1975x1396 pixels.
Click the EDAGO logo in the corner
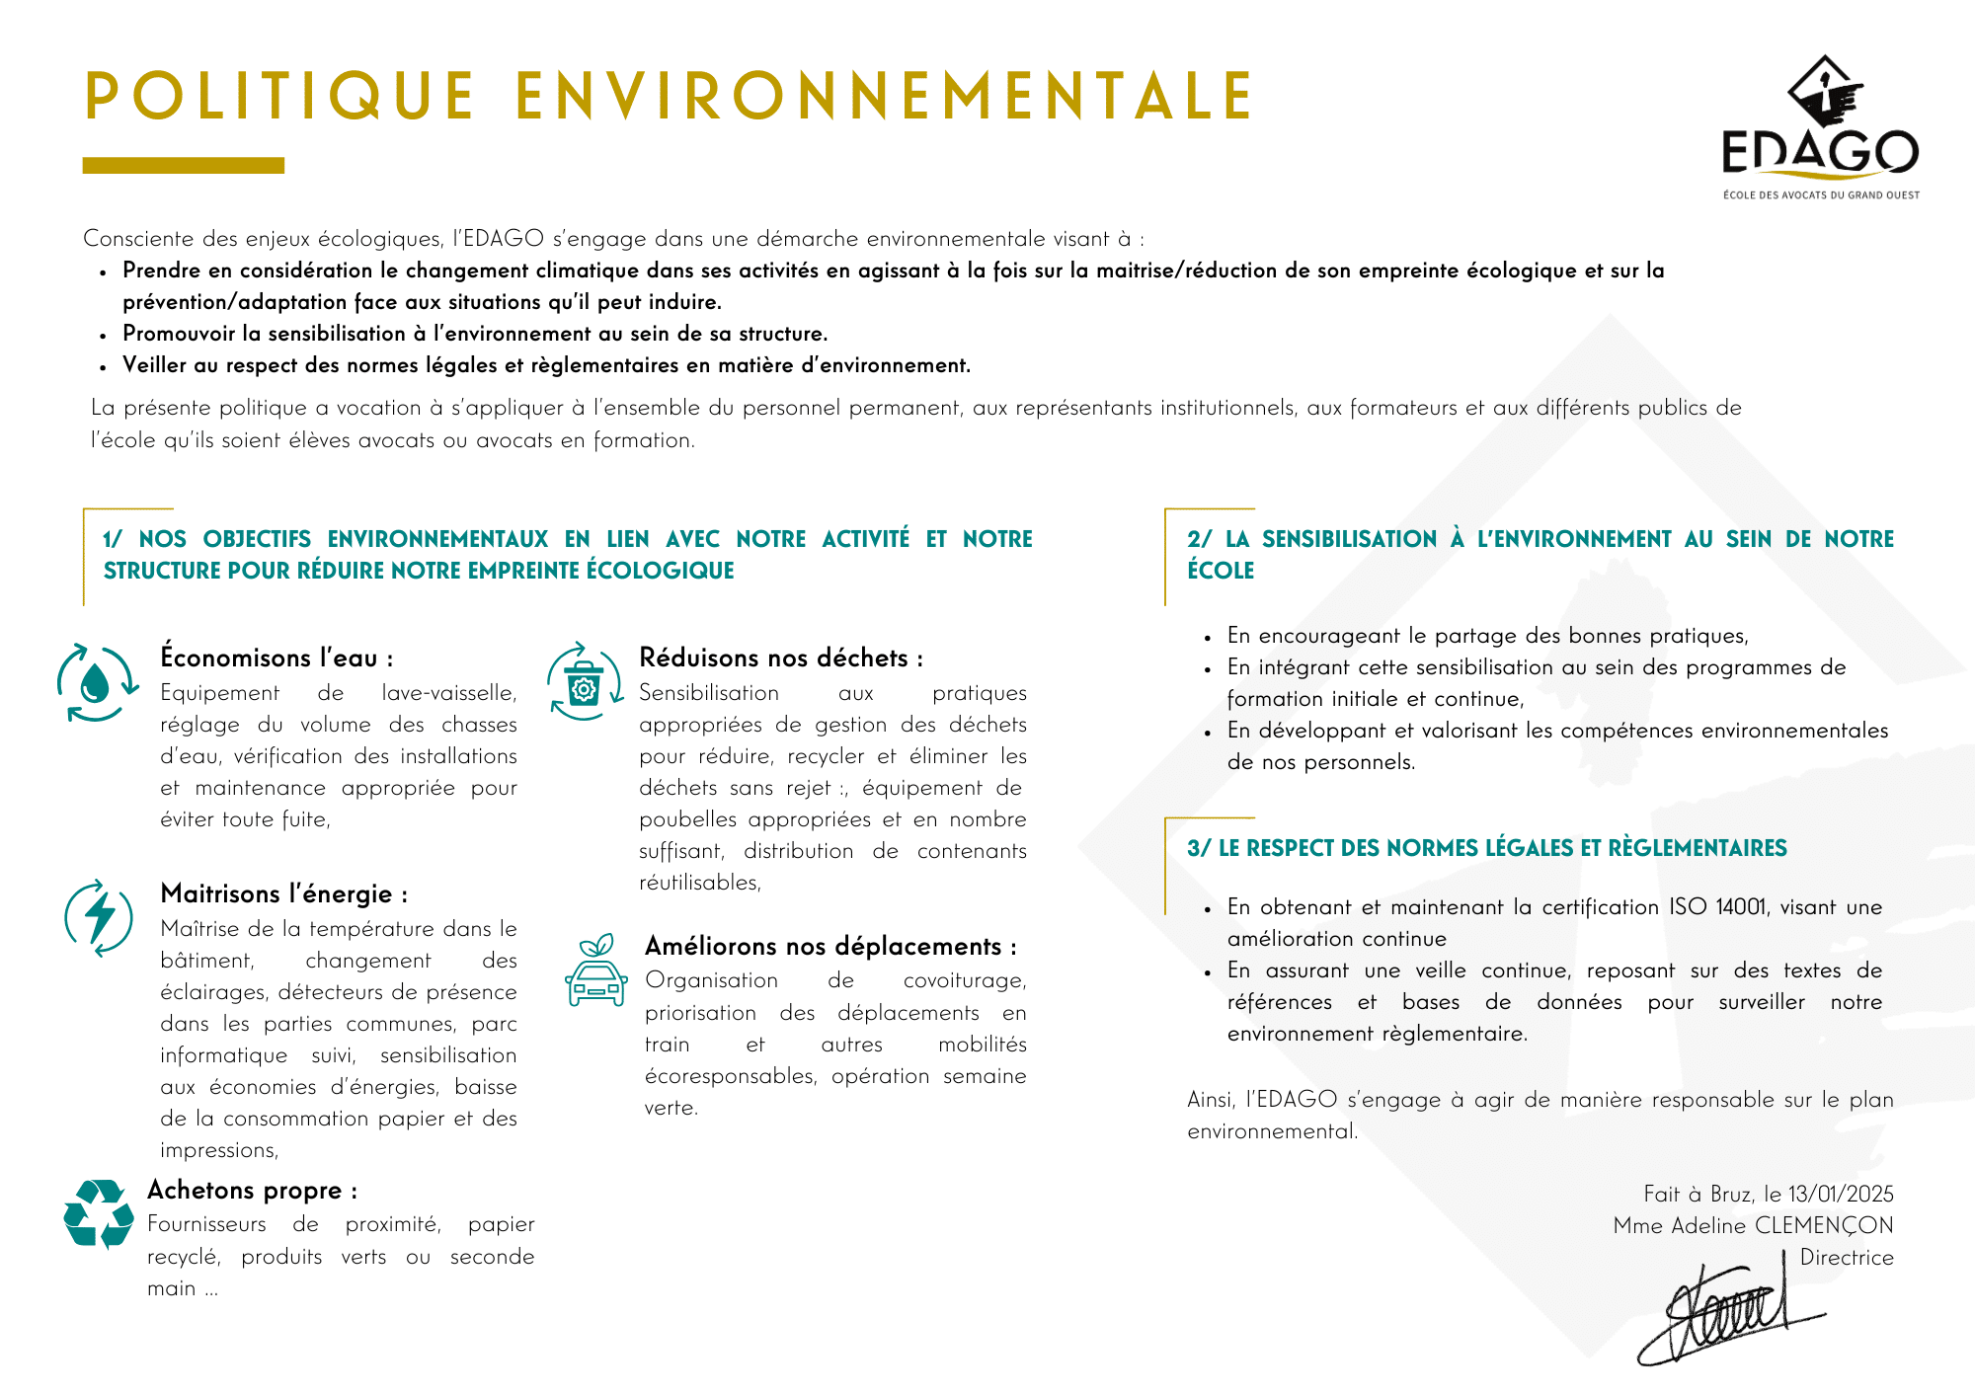click(x=1820, y=126)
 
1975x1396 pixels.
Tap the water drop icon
click(x=96, y=682)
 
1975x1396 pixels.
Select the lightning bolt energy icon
click(x=99, y=917)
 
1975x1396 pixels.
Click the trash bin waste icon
click(x=585, y=682)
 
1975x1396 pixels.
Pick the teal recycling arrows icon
click(x=99, y=1213)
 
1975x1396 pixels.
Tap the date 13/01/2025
click(x=1841, y=1194)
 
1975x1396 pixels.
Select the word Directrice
click(x=1847, y=1257)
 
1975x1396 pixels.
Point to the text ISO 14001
click(x=1718, y=906)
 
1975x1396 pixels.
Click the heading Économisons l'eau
click(x=276, y=658)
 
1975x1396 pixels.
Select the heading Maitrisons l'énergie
click(x=283, y=893)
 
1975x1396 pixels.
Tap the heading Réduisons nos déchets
click(x=780, y=658)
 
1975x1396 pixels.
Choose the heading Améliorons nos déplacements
click(x=829, y=946)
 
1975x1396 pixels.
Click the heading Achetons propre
click(x=252, y=1190)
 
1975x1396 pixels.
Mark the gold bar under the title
click(x=184, y=166)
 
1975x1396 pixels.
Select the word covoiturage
click(x=964, y=980)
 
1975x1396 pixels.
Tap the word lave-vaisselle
click(x=448, y=693)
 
